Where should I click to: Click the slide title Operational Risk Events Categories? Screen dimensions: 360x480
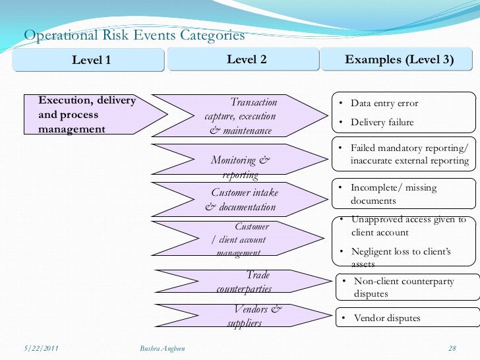point(135,35)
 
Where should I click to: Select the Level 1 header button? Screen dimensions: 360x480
point(91,61)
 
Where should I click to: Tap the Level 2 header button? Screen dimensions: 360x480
point(247,60)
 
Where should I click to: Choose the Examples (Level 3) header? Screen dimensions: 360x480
point(399,60)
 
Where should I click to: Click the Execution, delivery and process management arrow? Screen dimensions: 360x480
point(92,115)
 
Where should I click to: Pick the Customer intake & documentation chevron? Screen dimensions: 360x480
point(241,200)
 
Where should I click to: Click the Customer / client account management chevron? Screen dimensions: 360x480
point(241,239)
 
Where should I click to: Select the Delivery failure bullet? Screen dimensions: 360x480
point(382,122)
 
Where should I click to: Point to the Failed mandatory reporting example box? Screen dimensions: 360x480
point(404,155)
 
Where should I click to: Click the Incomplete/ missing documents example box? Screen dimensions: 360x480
point(404,195)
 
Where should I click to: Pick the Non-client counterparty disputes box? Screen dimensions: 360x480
point(405,287)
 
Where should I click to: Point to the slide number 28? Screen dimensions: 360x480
point(452,347)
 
